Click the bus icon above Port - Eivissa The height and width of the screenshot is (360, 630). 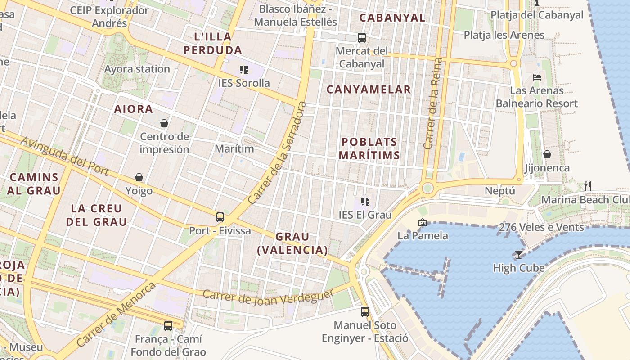(220, 217)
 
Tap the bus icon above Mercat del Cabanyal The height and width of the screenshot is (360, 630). (362, 38)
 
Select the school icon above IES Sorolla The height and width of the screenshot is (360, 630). (244, 70)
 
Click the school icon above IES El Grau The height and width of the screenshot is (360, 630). (365, 202)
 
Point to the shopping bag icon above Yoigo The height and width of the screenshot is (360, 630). (139, 178)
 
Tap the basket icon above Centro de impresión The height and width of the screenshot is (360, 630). (164, 123)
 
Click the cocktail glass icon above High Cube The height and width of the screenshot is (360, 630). (518, 255)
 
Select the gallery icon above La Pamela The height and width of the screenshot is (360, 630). (422, 222)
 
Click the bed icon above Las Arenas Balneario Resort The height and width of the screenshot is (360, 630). (536, 77)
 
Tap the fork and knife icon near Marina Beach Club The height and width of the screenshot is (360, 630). (587, 186)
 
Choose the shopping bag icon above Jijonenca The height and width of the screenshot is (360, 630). (547, 154)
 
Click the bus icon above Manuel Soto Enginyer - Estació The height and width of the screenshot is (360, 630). (365, 311)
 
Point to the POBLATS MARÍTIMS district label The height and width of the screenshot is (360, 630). (369, 148)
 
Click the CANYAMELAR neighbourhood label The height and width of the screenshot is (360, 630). (369, 90)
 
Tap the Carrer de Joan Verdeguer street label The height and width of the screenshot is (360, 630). (268, 297)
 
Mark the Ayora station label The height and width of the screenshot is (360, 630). (137, 69)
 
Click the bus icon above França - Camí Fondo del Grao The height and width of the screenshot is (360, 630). (168, 325)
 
